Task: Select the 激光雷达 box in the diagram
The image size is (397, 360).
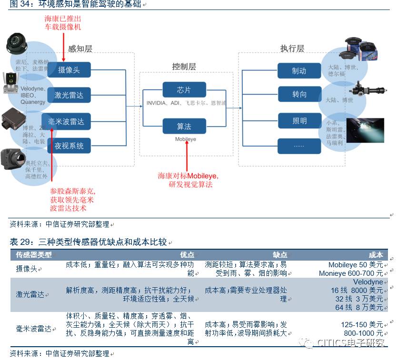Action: pos(69,95)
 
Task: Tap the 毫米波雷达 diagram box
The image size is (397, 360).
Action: pos(69,121)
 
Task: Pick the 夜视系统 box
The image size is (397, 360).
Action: pos(69,146)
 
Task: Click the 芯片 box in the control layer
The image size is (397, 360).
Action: pos(184,90)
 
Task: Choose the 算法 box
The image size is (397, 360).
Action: pos(184,126)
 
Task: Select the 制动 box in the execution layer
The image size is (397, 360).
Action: pos(299,71)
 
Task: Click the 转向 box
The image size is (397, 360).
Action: pos(299,94)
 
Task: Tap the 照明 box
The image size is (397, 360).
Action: pos(299,121)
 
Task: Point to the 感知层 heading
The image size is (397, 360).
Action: pos(80,49)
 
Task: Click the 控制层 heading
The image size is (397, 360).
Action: pos(184,67)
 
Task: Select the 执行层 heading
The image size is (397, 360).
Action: pos(292,49)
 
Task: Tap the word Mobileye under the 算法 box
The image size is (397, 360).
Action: pos(185,139)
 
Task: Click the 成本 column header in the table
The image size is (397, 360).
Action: pos(376,255)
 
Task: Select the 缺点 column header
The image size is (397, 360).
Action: pos(280,255)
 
